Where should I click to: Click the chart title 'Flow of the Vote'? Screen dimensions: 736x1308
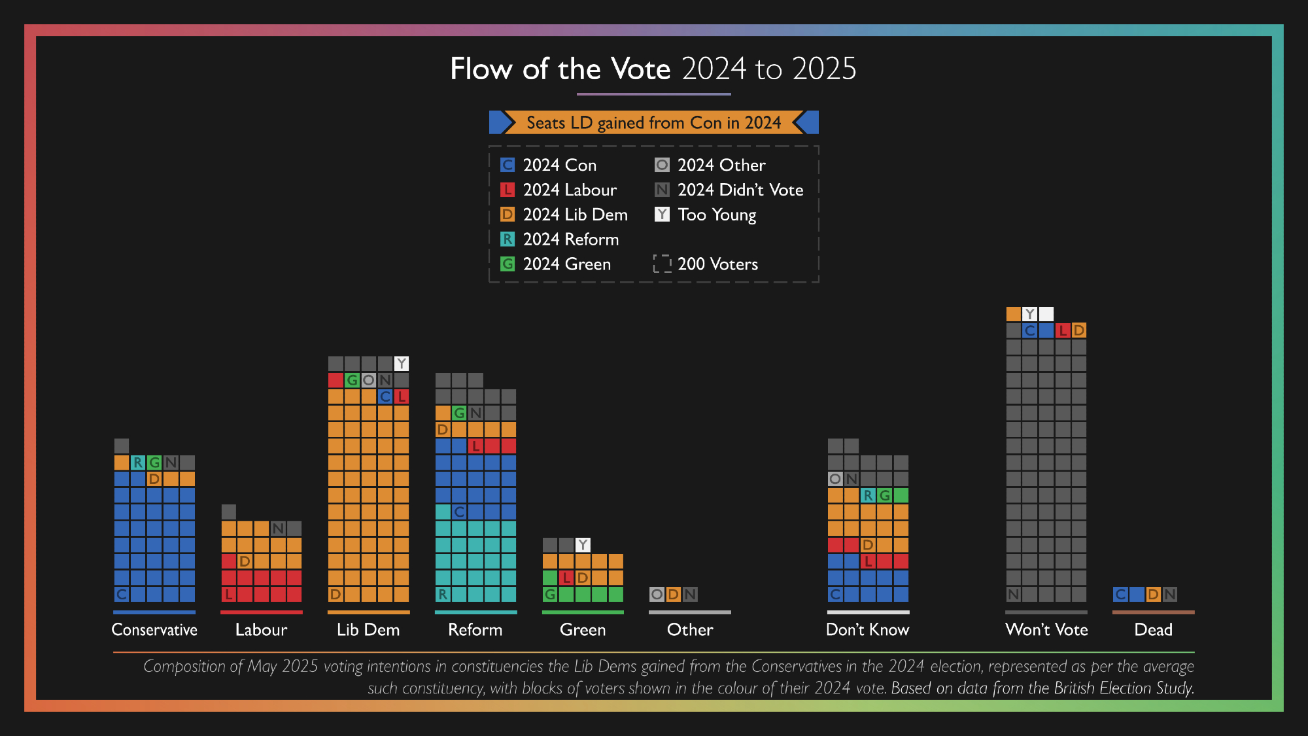[x=560, y=69]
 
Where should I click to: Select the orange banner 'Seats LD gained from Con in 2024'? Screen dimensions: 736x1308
[x=653, y=122]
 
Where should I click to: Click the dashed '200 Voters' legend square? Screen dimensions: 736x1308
[x=662, y=264]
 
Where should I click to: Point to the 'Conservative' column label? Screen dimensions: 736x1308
[x=154, y=629]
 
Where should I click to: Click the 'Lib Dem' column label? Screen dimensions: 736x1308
[x=368, y=629]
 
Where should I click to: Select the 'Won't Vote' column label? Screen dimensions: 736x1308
[x=1046, y=629]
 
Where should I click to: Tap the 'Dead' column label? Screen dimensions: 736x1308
[x=1153, y=629]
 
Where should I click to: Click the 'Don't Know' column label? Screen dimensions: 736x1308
[x=868, y=629]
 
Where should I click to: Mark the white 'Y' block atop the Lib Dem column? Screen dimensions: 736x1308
[x=402, y=363]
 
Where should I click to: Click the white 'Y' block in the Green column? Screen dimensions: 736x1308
[x=583, y=544]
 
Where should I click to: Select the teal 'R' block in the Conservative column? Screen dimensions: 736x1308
[x=138, y=463]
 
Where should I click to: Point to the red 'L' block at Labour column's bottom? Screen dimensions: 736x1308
[x=228, y=594]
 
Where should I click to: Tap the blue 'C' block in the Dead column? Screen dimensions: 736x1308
[x=1120, y=594]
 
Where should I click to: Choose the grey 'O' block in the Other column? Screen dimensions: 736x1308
[x=657, y=594]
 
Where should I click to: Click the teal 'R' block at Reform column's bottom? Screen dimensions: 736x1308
[x=443, y=594]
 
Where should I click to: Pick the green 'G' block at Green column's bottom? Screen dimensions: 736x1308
[x=550, y=594]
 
